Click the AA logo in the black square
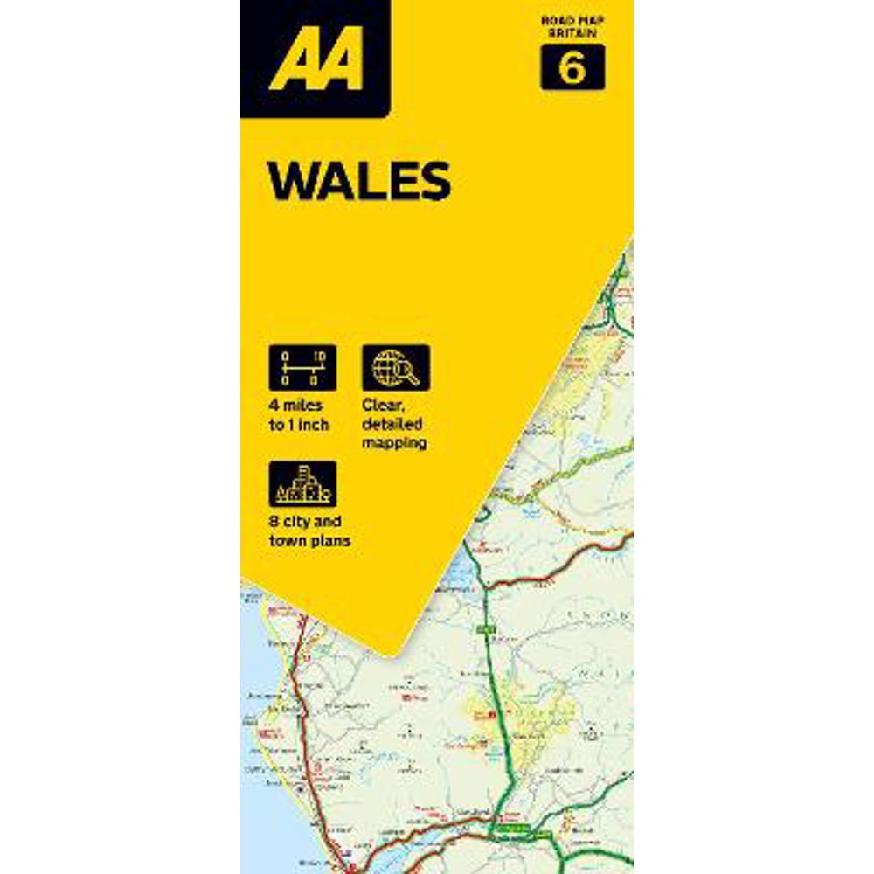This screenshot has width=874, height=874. coord(316,59)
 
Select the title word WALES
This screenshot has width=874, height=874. coord(358,181)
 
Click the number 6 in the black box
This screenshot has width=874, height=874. coord(572,68)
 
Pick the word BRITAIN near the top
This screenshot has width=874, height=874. coord(572,31)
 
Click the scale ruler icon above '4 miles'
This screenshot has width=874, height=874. coord(302,367)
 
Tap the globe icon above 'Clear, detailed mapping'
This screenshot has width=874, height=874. coord(396,367)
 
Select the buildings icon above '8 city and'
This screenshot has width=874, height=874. coord(302,484)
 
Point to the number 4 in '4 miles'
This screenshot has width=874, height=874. coord(274,406)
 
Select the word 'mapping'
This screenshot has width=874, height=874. coord(395,443)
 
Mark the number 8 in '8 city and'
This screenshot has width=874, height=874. coord(274,522)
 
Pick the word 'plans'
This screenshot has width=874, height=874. coord(330,541)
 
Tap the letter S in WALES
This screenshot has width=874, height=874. coord(431,181)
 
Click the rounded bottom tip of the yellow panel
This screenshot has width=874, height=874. coord(398,647)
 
